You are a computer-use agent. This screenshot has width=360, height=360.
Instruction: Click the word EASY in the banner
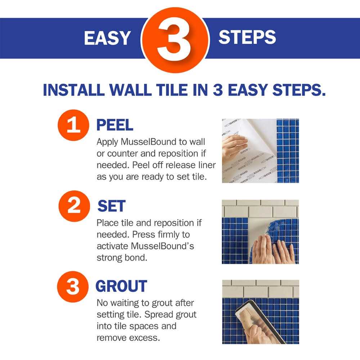pyautogui.click(x=107, y=38)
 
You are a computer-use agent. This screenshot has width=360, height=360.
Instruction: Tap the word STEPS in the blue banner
pyautogui.click(x=247, y=37)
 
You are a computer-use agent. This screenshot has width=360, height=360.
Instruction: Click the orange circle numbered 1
pyautogui.click(x=73, y=125)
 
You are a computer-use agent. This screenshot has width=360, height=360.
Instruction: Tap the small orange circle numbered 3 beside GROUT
pyautogui.click(x=73, y=287)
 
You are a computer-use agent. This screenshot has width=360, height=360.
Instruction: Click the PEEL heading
pyautogui.click(x=114, y=125)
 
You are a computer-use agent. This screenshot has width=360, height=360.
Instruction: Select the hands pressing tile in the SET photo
pyautogui.click(x=272, y=250)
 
